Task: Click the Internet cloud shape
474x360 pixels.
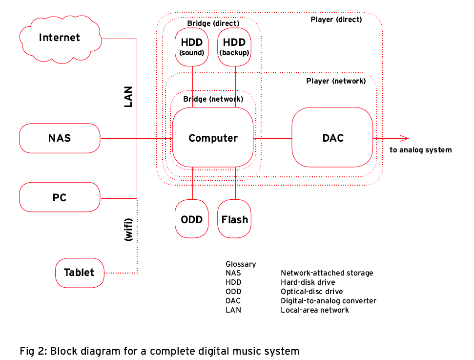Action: tap(60, 38)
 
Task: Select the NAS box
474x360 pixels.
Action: tap(60, 138)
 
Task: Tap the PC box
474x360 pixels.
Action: tap(60, 197)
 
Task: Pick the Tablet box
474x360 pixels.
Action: tap(79, 273)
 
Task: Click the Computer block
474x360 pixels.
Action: tap(213, 138)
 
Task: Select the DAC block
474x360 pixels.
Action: tap(332, 138)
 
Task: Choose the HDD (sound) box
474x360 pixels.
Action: tap(192, 47)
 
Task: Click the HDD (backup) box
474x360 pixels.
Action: tap(234, 47)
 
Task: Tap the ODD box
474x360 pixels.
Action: tap(192, 219)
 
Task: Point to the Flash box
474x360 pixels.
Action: tap(234, 219)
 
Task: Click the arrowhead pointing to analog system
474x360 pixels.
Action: tap(404, 138)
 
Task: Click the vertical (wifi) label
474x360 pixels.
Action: tap(128, 229)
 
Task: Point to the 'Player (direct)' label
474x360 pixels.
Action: tap(336, 20)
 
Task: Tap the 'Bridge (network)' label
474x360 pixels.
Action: tap(213, 99)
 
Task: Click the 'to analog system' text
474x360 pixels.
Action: tap(420, 150)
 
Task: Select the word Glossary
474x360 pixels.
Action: tap(241, 264)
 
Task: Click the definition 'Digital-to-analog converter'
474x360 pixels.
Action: tap(328, 301)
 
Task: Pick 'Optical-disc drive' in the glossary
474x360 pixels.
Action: tap(311, 292)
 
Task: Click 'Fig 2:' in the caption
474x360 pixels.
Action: tap(34, 351)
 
